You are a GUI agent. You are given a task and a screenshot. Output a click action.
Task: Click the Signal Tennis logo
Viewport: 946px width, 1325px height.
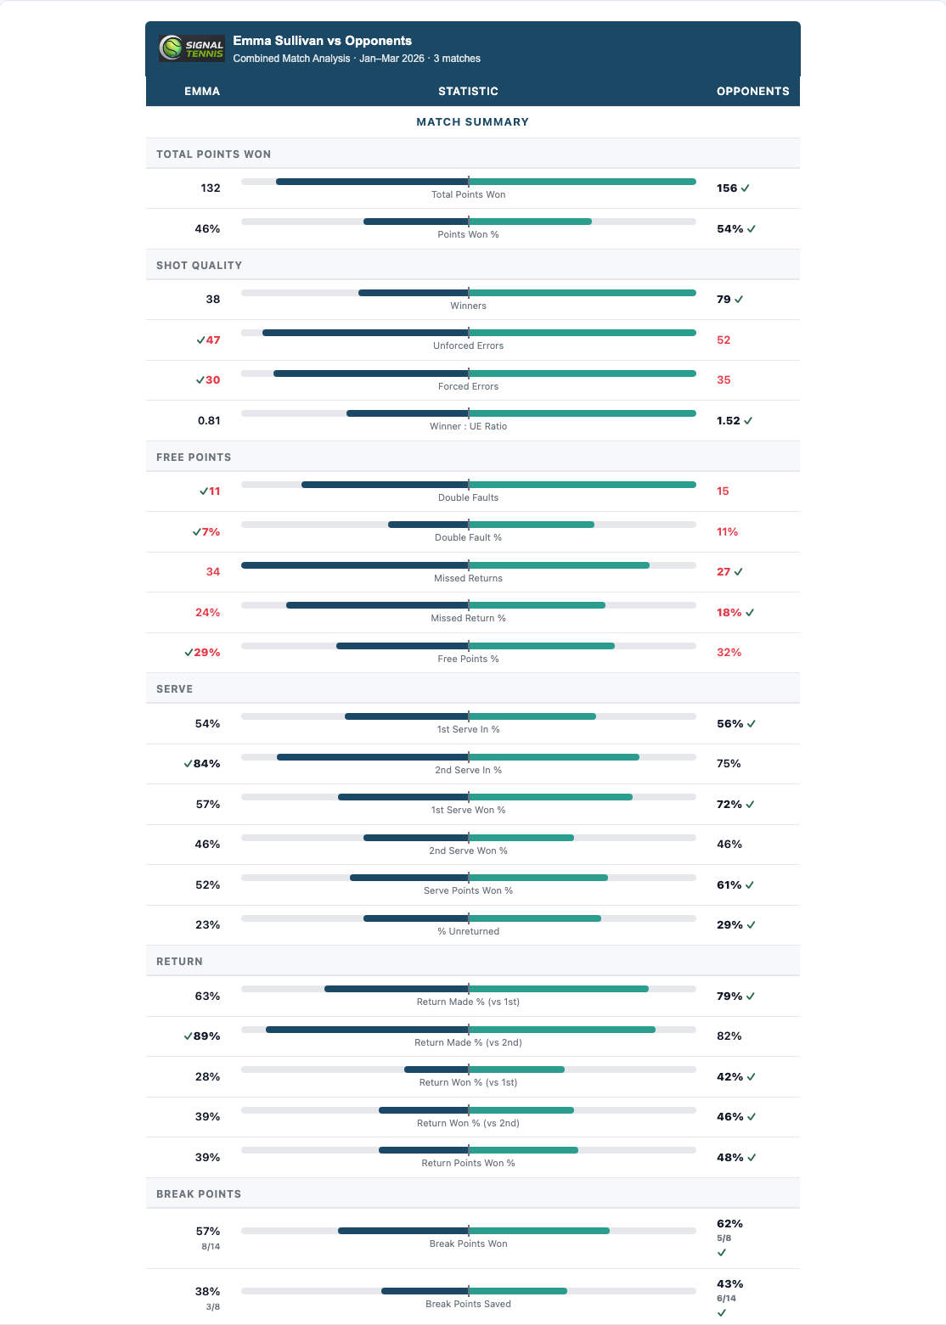point(192,48)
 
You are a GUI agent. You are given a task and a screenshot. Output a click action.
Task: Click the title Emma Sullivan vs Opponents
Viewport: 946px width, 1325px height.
point(322,41)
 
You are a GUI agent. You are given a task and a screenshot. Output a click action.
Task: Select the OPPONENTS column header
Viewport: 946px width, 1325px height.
point(752,91)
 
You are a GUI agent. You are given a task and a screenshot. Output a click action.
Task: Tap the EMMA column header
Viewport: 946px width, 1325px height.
point(202,91)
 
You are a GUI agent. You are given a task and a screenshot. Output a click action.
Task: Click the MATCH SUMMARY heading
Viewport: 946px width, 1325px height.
point(472,122)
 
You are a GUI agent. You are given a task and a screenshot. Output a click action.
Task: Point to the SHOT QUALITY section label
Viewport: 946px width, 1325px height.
point(199,266)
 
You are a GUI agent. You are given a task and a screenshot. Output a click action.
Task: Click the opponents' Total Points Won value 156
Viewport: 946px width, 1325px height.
point(727,188)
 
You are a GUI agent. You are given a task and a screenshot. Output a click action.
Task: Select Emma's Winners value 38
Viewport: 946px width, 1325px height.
point(212,300)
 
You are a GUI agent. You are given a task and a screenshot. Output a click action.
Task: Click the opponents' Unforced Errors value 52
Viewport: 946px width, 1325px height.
point(724,340)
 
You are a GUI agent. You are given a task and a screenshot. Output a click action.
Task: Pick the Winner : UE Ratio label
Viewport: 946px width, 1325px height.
point(468,426)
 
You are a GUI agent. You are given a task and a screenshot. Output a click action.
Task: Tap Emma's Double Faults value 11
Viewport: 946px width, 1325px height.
point(214,491)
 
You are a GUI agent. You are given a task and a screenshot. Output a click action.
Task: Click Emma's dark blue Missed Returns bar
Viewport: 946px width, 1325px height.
point(355,565)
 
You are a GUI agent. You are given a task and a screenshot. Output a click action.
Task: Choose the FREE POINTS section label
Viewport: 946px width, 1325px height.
point(194,458)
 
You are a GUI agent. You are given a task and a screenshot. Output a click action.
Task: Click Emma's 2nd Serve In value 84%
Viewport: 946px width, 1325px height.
point(206,764)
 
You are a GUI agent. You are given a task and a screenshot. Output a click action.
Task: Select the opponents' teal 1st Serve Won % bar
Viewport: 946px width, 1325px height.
point(550,797)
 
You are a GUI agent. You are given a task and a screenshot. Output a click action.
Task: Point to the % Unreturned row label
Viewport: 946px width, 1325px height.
point(468,931)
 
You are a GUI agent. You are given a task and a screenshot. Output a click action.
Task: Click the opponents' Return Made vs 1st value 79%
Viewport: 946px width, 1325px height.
point(729,997)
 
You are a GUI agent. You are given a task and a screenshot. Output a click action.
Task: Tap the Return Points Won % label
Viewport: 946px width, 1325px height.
point(468,1163)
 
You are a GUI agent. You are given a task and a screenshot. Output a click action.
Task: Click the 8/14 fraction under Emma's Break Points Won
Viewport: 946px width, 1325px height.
point(211,1247)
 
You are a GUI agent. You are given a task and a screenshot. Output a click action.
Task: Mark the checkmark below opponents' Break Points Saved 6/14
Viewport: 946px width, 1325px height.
point(722,1312)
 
